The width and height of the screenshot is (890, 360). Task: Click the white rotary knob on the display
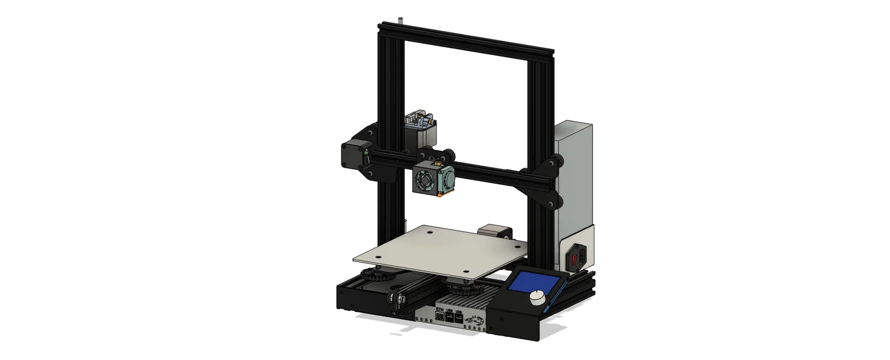[538, 297]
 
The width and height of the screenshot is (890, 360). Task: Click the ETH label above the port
[440, 310]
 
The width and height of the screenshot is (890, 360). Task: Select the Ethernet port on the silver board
[440, 318]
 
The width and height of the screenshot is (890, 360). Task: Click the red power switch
[576, 257]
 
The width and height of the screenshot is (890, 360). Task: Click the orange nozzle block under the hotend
[440, 195]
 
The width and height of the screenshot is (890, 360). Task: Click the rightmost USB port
[459, 318]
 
